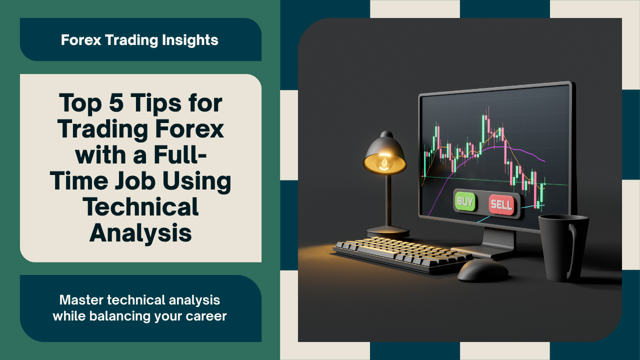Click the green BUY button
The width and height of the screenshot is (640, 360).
click(463, 201)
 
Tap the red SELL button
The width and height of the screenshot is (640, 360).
click(501, 205)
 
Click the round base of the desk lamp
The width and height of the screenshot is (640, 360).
click(388, 231)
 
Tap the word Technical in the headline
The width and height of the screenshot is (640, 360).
click(140, 206)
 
